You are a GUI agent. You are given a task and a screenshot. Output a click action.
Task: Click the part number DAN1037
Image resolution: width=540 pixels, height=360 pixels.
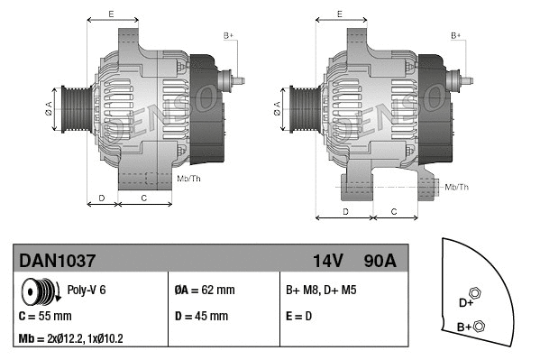[x=57, y=261]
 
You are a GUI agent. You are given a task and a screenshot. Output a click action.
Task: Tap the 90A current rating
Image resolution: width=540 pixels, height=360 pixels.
[x=379, y=261]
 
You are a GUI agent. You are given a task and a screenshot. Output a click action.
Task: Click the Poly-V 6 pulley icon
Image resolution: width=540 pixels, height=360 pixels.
[x=40, y=291]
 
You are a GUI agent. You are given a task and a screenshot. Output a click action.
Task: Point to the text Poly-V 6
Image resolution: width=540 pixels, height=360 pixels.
[x=87, y=291]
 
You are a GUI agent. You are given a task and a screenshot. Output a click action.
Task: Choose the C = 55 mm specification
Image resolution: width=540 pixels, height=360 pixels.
[x=45, y=317]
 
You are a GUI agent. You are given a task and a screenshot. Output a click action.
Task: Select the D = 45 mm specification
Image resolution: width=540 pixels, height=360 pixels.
[x=201, y=317]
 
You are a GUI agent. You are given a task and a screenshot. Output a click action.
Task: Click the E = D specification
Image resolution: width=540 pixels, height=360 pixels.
[x=300, y=317]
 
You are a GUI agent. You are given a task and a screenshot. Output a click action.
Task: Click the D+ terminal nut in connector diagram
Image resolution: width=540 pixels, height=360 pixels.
[x=476, y=292]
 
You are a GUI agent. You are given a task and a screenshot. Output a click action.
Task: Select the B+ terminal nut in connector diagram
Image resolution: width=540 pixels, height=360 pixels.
[x=479, y=326]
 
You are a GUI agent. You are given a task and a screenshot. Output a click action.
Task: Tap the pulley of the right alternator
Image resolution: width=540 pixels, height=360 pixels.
[x=297, y=109]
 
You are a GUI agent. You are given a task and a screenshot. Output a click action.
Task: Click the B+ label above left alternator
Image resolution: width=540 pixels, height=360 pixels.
[x=229, y=35]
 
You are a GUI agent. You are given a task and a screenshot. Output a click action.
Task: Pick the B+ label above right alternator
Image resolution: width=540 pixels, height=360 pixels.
[x=456, y=35]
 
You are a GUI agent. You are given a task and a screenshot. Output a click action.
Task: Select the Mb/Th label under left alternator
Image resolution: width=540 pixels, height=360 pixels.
[x=189, y=179]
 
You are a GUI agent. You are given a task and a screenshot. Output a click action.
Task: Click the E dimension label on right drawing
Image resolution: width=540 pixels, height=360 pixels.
[x=339, y=14]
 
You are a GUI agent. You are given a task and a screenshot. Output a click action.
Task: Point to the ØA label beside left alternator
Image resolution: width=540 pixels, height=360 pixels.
[x=49, y=108]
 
